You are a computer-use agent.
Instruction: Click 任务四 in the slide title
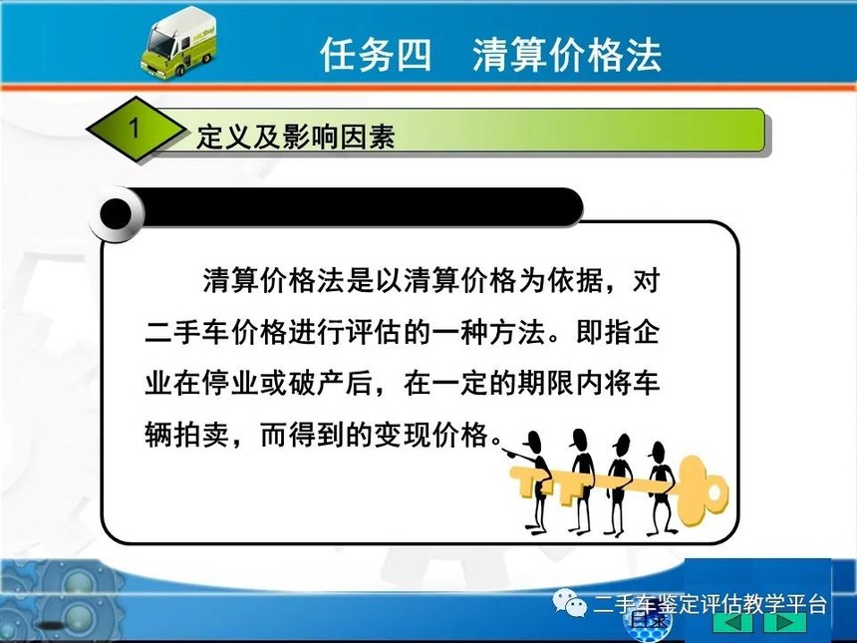[376, 55]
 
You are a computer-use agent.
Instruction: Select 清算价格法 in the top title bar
[567, 55]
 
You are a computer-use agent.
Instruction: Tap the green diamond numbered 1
[136, 129]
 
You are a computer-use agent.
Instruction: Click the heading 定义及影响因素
[296, 137]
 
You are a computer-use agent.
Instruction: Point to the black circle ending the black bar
[116, 213]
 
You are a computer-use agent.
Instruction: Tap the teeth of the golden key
[541, 482]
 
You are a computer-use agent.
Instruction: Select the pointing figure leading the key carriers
[529, 482]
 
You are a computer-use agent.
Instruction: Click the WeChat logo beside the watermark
[570, 603]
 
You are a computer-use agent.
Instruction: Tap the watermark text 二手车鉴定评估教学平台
[710, 604]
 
